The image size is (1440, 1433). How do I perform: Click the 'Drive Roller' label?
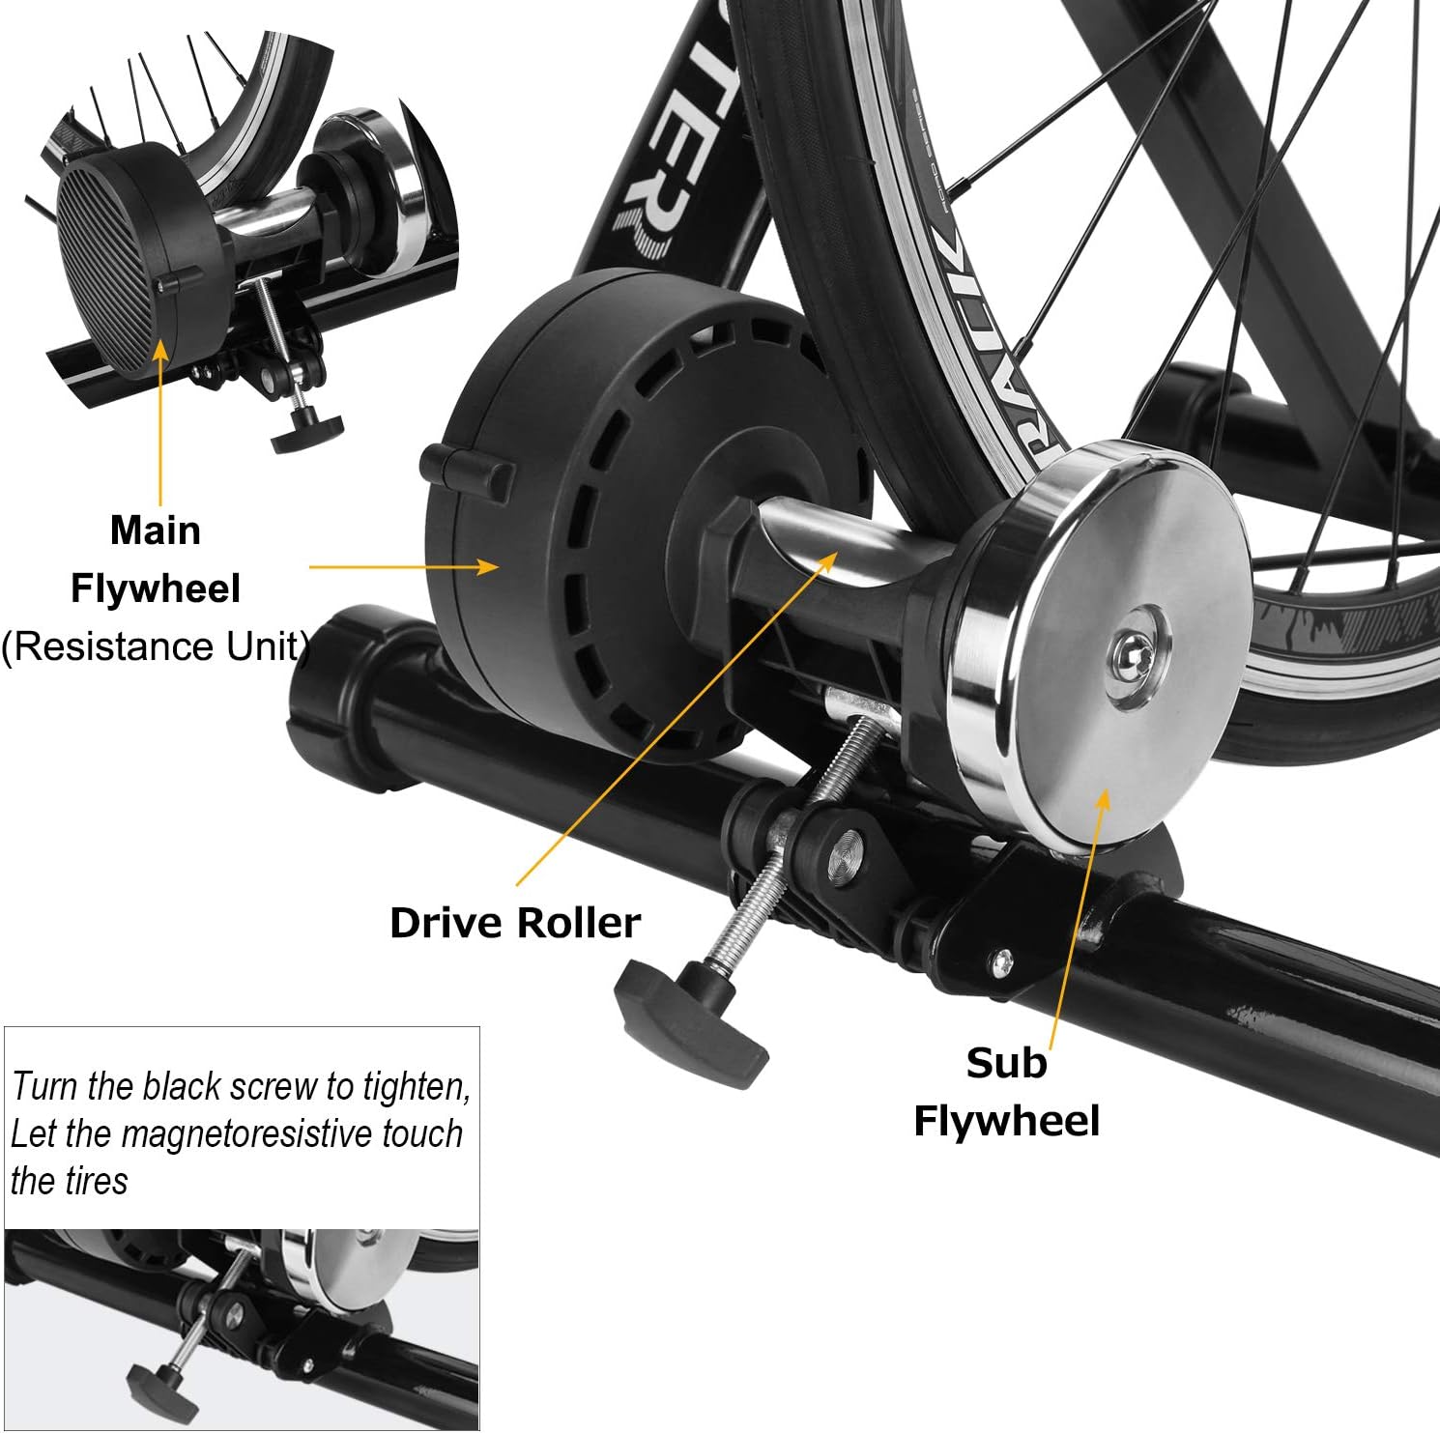[x=514, y=923]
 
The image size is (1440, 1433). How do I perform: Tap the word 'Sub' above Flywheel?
[x=1006, y=1063]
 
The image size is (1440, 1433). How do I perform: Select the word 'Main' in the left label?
[x=155, y=530]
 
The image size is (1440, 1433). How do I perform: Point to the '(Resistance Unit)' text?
[x=155, y=646]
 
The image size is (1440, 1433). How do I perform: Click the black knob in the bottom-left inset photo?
[x=159, y=1391]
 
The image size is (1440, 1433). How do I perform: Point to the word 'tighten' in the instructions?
[x=416, y=1087]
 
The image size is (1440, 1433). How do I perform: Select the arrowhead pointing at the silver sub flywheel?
[x=1103, y=797]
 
